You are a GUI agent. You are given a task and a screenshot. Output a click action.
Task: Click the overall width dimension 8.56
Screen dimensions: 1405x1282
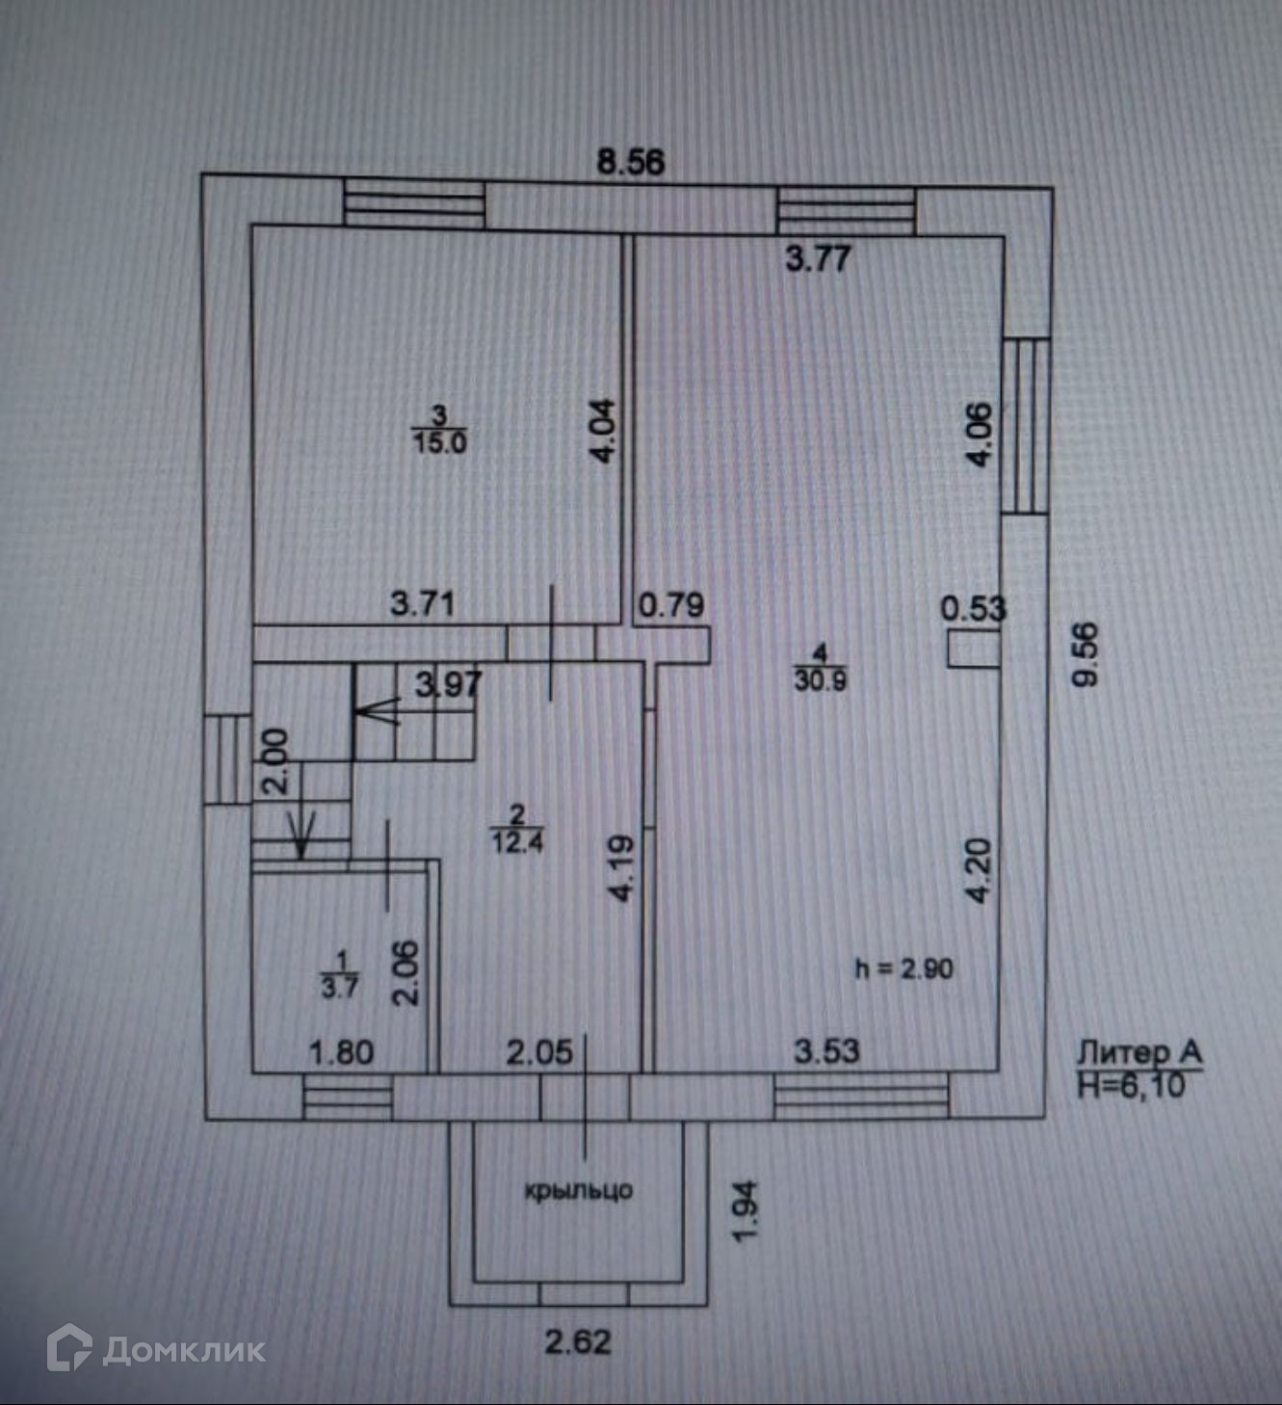630,161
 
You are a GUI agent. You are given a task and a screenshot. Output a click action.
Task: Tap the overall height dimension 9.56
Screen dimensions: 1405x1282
1085,654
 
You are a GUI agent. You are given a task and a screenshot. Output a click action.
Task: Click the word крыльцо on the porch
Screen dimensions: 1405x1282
578,1190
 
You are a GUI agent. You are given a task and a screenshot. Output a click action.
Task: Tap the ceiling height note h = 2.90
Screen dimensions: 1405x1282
903,968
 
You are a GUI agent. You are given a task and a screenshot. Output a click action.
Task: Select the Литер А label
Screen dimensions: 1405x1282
1138,1051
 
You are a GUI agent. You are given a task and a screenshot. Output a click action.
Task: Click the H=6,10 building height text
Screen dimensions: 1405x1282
1131,1086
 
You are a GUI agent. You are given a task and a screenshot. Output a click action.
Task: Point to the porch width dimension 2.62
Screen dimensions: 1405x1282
578,1341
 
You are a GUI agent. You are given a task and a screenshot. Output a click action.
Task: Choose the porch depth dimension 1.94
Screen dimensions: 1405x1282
746,1211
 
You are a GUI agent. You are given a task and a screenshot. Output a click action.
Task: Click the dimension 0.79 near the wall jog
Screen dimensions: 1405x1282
671,605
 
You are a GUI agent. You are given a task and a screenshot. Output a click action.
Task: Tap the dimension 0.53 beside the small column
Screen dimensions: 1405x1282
973,608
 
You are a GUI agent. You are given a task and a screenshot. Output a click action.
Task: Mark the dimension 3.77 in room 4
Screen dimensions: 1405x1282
818,258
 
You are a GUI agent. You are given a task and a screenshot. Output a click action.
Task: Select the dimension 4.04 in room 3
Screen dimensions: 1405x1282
602,431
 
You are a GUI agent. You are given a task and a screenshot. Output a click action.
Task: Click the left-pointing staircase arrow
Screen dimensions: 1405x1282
377,712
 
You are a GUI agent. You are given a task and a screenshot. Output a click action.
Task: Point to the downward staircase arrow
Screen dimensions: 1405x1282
302,835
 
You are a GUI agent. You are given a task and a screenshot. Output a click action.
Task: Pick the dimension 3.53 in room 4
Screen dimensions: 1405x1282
826,1050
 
